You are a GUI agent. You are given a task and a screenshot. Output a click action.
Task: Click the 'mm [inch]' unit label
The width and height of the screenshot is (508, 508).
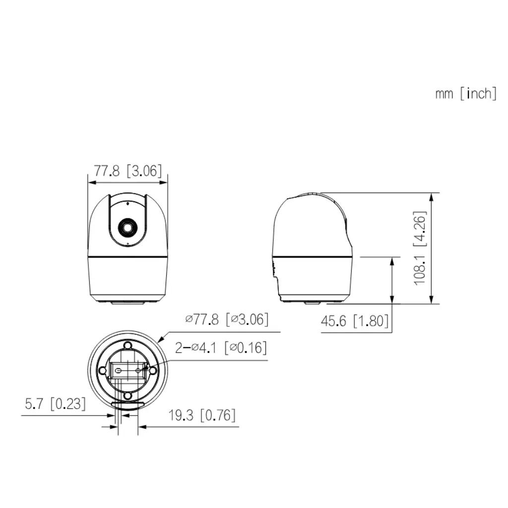[x=465, y=93]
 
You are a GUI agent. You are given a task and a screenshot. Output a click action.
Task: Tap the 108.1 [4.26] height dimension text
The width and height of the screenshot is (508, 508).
[x=420, y=248]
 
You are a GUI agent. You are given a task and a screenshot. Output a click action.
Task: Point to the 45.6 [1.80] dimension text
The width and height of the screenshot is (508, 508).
[x=355, y=321]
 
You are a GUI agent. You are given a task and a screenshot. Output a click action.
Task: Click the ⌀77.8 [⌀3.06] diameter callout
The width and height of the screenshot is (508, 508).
[x=227, y=319]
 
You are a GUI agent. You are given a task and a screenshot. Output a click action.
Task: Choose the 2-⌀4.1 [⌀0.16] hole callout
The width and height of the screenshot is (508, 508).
[x=221, y=347]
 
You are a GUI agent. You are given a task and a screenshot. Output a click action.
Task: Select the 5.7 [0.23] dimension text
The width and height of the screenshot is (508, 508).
[x=55, y=404]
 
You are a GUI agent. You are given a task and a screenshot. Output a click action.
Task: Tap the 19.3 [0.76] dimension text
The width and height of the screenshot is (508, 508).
[x=201, y=415]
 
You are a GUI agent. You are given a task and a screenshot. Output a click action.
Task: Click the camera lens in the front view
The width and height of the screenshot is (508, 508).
[x=127, y=228]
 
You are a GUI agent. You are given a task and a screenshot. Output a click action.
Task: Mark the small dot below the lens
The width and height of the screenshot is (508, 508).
[x=127, y=244]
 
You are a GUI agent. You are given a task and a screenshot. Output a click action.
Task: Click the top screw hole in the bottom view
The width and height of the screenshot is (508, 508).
[x=127, y=345]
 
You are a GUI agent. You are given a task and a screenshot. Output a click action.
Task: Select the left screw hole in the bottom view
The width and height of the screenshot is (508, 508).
[x=103, y=370]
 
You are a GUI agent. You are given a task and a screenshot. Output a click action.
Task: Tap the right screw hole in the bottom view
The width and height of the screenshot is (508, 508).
[x=153, y=370]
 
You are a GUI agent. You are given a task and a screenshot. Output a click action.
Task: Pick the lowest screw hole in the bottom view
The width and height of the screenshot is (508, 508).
[x=127, y=395]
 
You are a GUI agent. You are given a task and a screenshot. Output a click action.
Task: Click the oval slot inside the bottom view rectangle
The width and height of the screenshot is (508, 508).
[x=119, y=370]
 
